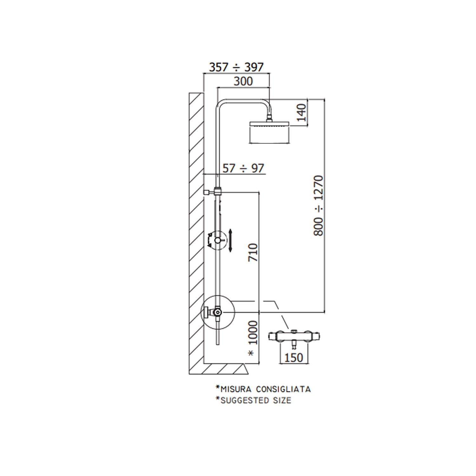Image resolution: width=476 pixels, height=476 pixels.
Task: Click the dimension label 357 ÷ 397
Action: [x=236, y=67]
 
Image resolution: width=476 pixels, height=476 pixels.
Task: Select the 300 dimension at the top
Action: [x=243, y=82]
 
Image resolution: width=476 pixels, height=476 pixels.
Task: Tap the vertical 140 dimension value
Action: [x=301, y=113]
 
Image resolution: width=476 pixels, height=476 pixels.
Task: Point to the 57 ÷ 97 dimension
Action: [x=243, y=168]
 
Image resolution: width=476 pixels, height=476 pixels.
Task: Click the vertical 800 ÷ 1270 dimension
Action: [x=318, y=206]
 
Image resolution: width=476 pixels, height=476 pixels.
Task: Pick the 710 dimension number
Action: [x=253, y=252]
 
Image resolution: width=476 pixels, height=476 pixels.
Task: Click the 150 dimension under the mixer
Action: [x=294, y=358]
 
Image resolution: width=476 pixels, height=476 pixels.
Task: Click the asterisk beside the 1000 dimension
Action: [x=251, y=353]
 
